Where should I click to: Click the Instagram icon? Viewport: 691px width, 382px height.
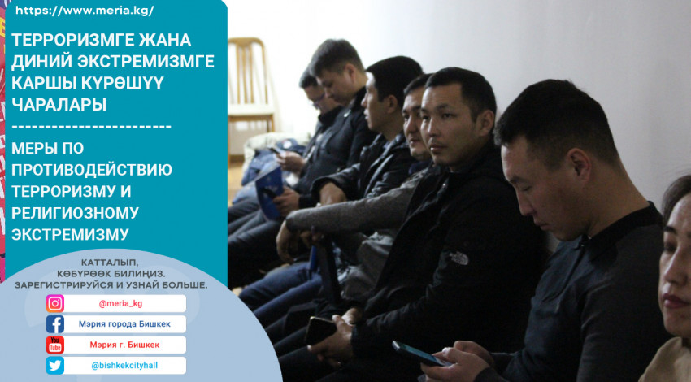tap(55, 304)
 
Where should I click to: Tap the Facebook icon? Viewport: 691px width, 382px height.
tap(55, 324)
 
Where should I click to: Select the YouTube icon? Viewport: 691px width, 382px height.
tap(55, 345)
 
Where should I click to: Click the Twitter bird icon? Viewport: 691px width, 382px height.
tap(55, 365)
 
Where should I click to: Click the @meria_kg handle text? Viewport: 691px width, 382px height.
tap(121, 304)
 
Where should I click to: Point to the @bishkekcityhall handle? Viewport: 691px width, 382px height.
tap(124, 365)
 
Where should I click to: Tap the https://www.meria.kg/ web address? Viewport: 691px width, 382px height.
tap(85, 11)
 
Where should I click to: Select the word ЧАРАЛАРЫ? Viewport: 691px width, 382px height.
tap(59, 104)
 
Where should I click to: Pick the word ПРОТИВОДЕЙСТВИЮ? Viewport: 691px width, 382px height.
tap(92, 170)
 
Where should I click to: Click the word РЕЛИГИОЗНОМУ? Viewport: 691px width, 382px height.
tap(75, 213)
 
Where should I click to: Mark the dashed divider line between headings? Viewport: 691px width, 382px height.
tap(91, 127)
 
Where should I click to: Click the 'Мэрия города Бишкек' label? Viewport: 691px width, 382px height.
tap(124, 324)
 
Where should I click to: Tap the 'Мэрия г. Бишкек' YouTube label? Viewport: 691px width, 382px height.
tap(124, 345)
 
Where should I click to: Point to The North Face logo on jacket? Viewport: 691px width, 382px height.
tap(459, 258)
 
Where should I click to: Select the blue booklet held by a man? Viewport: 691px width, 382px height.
tap(269, 192)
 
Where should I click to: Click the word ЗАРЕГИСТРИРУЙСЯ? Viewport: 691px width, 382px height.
tap(63, 285)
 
